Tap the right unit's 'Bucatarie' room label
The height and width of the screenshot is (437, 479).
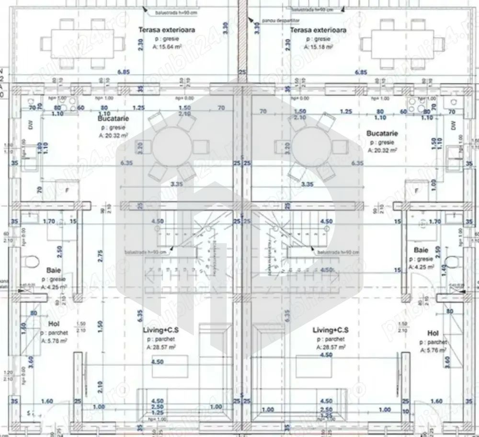point(382,133)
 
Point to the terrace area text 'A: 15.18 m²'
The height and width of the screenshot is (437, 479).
point(318,47)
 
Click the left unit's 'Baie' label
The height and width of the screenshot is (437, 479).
point(53,270)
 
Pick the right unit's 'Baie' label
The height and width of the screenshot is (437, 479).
point(421,250)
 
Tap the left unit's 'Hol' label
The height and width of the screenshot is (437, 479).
point(54,323)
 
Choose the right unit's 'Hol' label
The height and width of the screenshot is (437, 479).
point(433,333)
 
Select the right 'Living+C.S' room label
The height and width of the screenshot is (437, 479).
point(331,330)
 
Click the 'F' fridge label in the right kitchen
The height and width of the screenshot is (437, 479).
point(417,191)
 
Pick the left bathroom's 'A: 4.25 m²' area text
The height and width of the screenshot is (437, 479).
point(54,287)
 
